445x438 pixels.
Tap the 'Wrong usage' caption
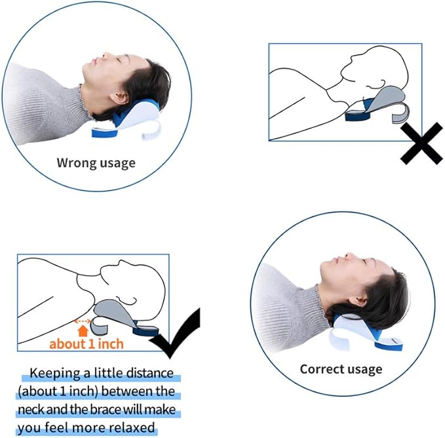(96, 163)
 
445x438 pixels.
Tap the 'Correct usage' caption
(341, 368)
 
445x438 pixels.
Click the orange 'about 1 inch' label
(87, 344)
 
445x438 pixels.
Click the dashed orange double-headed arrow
(83, 321)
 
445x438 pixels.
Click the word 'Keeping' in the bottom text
(57, 374)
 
